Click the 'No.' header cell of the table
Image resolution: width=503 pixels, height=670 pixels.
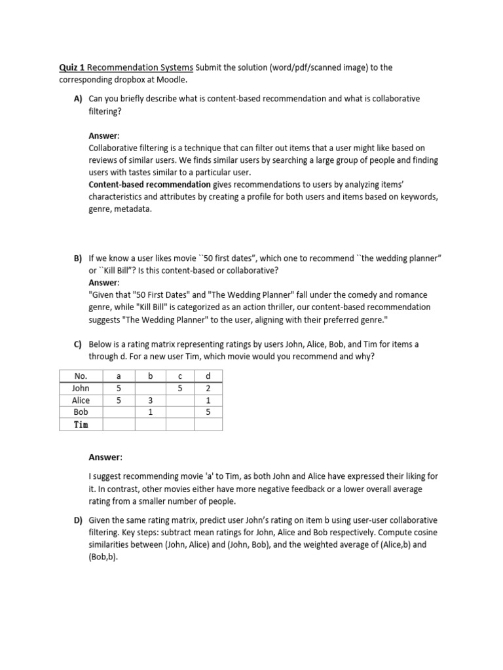[81, 376]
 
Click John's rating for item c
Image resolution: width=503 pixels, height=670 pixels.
[180, 389]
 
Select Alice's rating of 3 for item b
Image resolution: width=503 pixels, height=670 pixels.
[150, 400]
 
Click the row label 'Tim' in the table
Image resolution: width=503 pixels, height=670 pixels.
[81, 425]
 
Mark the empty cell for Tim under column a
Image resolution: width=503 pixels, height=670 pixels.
[119, 425]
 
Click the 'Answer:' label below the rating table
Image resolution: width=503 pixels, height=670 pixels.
[105, 456]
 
